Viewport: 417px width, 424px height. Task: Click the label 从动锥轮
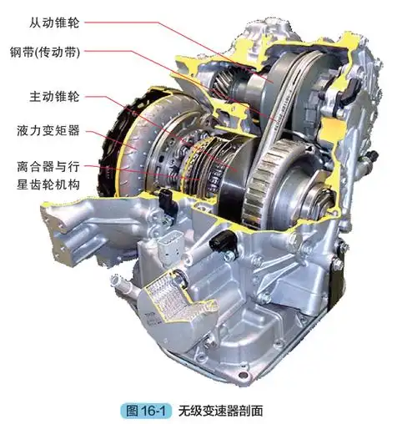pyautogui.click(x=54, y=23)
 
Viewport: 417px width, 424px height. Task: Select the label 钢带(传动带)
pyautogui.click(x=45, y=52)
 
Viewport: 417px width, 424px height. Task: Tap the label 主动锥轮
pyautogui.click(x=54, y=97)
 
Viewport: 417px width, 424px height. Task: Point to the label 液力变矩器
pyautogui.click(x=48, y=130)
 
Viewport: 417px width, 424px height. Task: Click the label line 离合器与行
pyautogui.click(x=48, y=166)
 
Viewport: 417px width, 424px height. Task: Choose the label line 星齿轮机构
pyautogui.click(x=48, y=184)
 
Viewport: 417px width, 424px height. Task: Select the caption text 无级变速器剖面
pyautogui.click(x=220, y=411)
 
